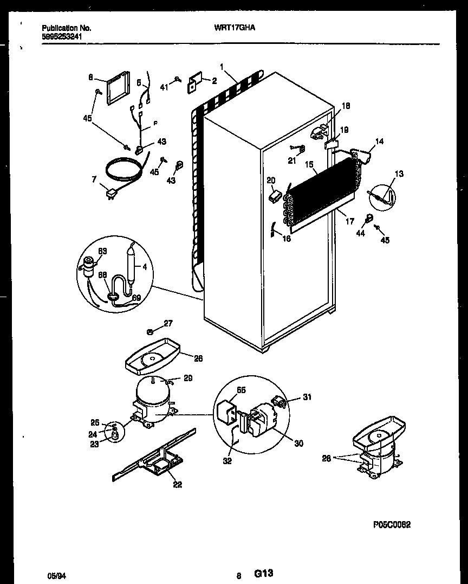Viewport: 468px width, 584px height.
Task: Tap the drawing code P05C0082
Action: [x=392, y=524]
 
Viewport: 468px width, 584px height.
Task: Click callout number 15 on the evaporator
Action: [x=309, y=164]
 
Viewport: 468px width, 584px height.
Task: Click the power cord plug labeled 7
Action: [x=113, y=192]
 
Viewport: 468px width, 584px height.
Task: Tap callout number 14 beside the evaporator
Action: [x=379, y=142]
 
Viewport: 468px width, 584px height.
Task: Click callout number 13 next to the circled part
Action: [x=399, y=174]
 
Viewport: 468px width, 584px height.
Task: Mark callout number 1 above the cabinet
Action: [x=222, y=67]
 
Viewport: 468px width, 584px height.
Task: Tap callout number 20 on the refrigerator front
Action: [x=271, y=181]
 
